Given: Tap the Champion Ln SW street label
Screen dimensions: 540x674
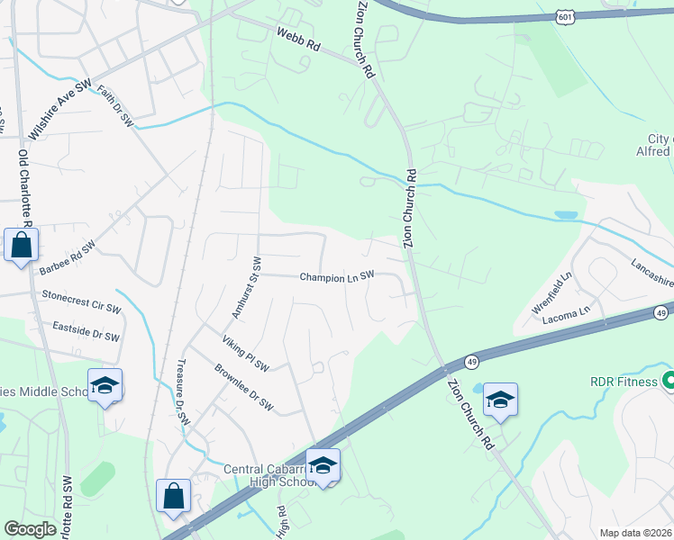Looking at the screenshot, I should (x=336, y=277).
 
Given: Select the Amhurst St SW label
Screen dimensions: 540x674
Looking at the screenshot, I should (x=245, y=288).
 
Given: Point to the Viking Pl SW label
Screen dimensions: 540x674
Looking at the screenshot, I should (x=246, y=353).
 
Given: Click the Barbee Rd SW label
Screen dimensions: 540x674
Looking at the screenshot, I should (x=68, y=257).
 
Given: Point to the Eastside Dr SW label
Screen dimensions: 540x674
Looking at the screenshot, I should (x=86, y=331).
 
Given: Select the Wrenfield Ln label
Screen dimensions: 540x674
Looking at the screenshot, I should (x=551, y=292).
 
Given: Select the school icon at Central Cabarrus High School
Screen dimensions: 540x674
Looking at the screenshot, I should (x=323, y=464).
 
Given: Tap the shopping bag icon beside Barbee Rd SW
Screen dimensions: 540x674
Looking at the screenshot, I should (x=21, y=244).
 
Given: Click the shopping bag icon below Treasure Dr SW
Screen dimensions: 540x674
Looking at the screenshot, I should (x=173, y=495).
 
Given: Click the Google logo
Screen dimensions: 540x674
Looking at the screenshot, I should (x=30, y=529).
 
